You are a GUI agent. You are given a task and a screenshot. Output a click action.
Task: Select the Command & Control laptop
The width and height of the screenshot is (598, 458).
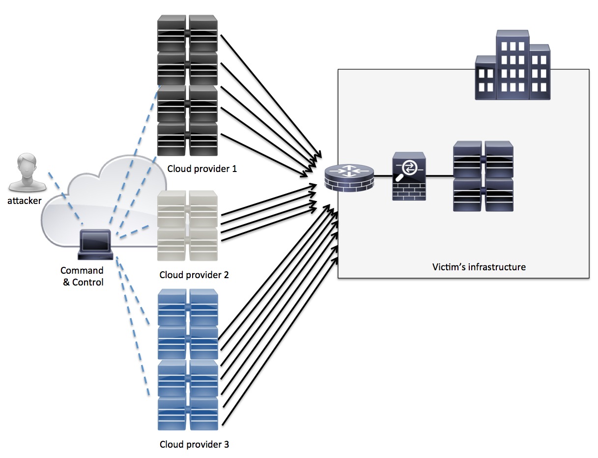96,245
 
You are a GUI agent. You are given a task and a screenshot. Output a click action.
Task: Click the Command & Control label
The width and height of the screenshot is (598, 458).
82,276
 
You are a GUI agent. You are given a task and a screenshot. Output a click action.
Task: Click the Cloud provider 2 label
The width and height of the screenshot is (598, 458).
194,275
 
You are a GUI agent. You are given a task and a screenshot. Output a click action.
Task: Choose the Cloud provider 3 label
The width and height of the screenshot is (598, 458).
194,445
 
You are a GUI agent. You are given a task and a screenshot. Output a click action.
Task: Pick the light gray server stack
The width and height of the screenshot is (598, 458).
187,226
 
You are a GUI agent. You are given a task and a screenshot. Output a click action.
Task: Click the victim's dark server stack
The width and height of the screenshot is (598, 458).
483,176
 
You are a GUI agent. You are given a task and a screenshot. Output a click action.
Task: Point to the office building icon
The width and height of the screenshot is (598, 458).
512,66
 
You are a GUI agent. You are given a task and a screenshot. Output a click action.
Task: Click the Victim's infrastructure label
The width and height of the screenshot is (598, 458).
479,267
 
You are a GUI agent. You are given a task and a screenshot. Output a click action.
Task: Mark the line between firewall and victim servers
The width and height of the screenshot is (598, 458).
440,176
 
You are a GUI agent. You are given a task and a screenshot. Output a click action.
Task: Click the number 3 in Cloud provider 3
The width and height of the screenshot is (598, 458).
226,445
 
